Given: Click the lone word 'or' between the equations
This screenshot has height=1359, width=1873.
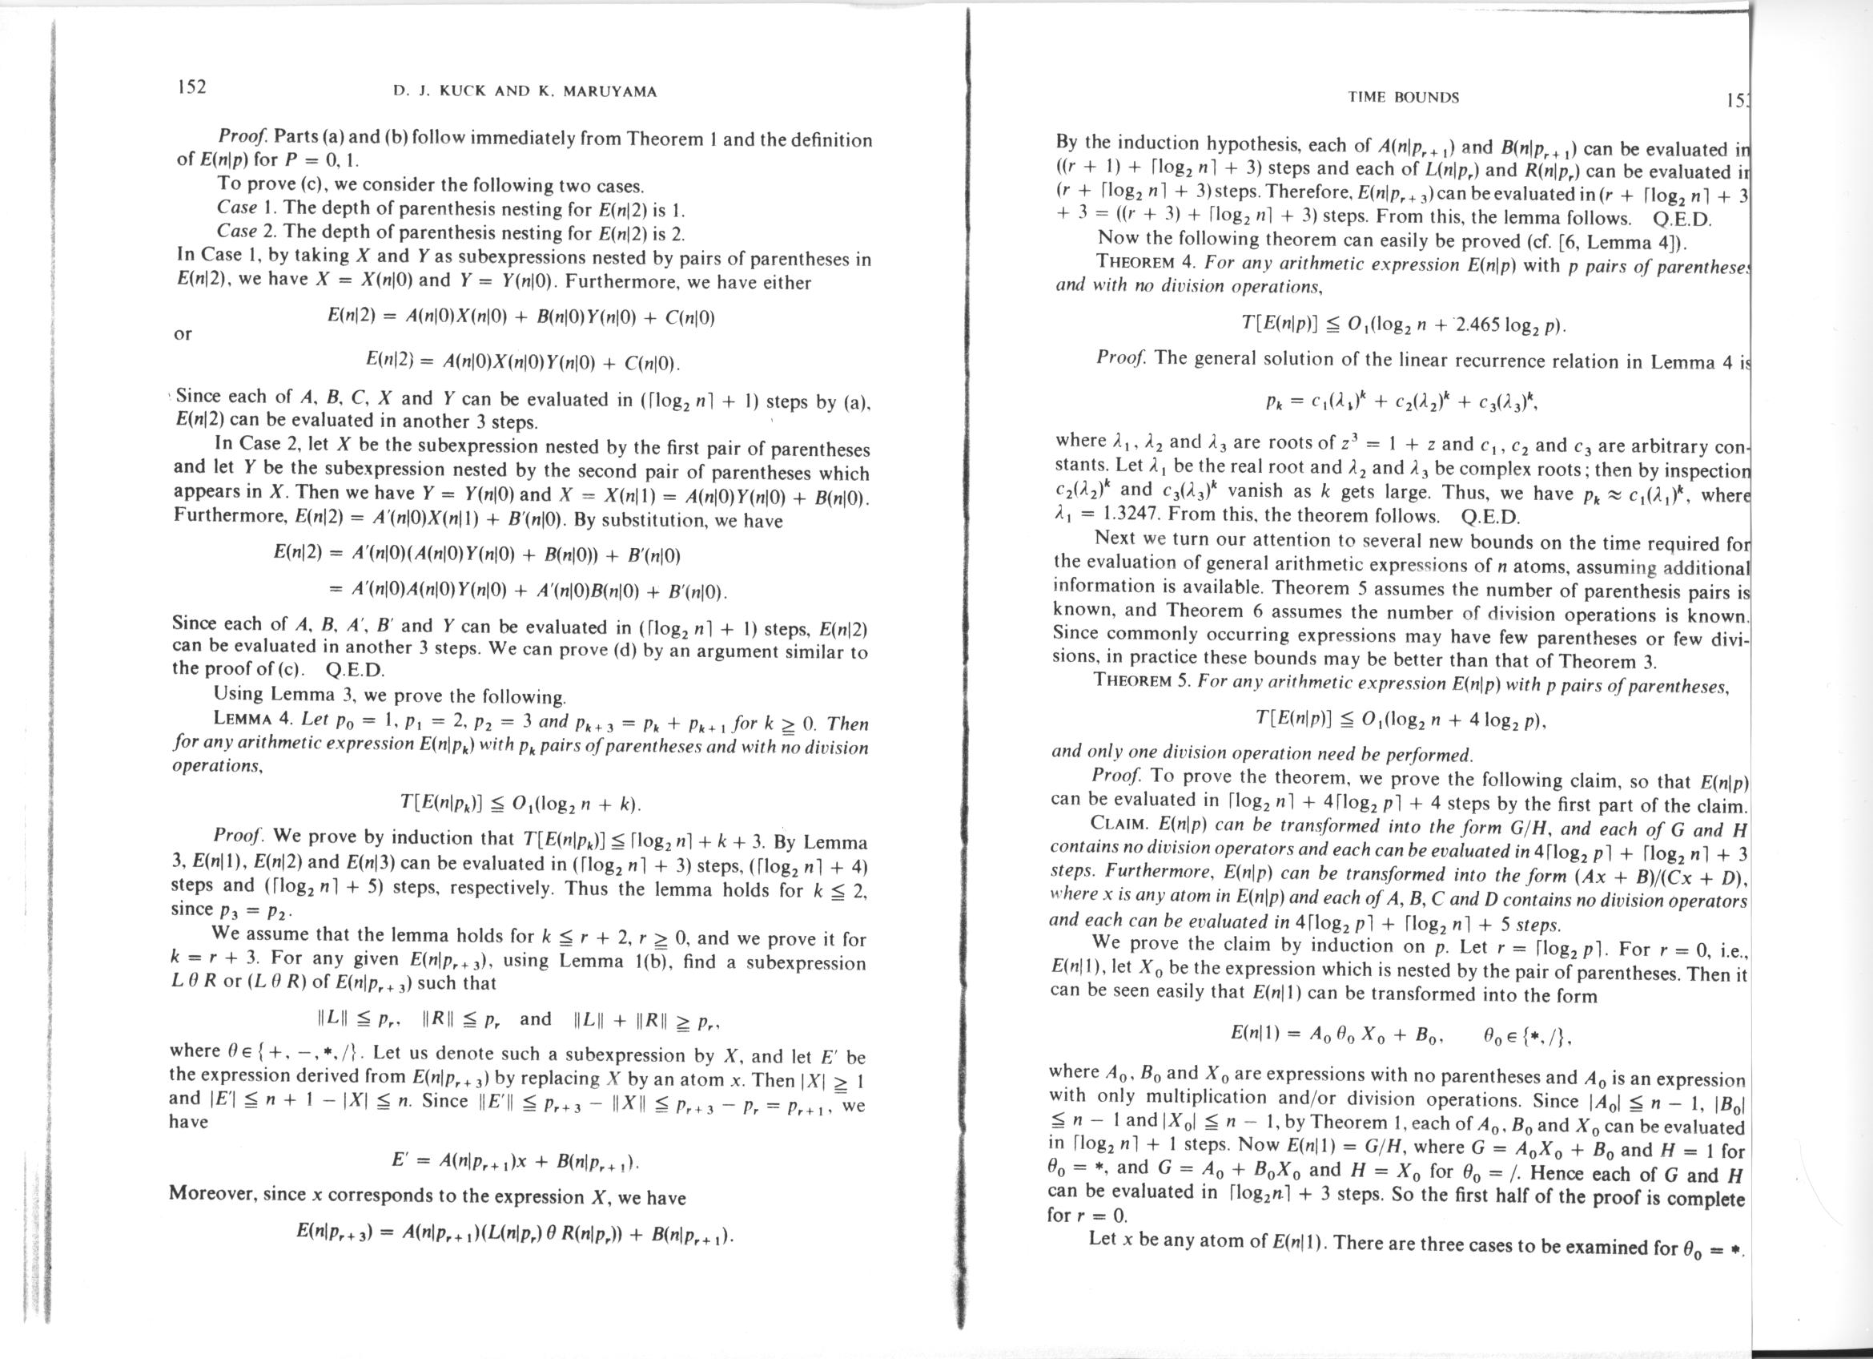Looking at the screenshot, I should coord(183,334).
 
